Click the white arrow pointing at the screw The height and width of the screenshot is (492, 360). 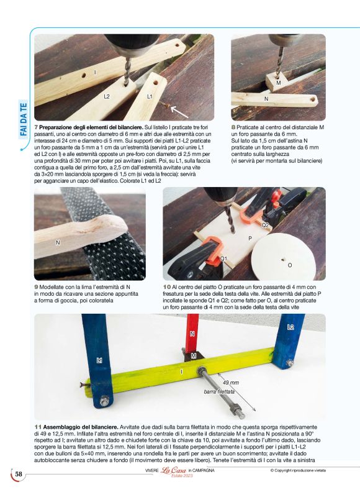click(179, 112)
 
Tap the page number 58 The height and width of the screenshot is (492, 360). click(19, 474)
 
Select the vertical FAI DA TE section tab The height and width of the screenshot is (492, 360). click(24, 119)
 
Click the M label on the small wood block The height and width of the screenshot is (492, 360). click(279, 83)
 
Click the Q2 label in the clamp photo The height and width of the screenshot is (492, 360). click(265, 225)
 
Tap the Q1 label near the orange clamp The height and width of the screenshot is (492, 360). click(223, 258)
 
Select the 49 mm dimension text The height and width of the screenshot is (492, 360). click(231, 383)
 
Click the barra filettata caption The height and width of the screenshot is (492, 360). click(219, 391)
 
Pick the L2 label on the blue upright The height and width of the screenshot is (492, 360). click(290, 327)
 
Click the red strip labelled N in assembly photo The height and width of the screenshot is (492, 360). click(192, 332)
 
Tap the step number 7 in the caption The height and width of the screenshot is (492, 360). click(36, 127)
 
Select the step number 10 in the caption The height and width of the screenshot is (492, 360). click(166, 287)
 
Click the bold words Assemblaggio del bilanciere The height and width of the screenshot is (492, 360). click(81, 427)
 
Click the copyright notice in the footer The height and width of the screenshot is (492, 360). click(298, 470)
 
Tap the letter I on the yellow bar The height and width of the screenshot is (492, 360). click(182, 372)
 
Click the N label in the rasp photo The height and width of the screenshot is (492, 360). click(58, 242)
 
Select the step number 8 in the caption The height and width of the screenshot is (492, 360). click(233, 127)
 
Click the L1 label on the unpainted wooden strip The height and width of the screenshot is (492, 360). click(150, 96)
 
